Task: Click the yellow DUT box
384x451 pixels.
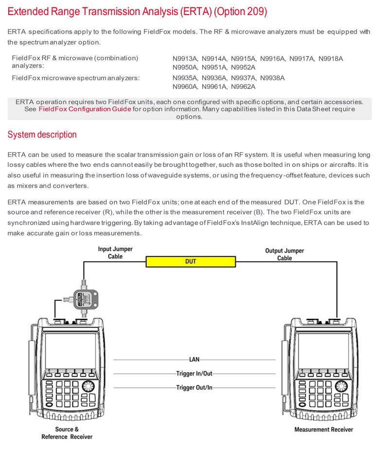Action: (191, 261)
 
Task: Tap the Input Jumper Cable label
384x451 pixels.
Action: (115, 253)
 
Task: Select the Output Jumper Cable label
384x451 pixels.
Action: (284, 254)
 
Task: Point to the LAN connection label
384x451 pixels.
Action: (194, 360)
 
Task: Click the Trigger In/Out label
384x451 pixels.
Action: (194, 374)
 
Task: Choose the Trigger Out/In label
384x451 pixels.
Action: (194, 388)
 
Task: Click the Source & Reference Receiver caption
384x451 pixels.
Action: (67, 433)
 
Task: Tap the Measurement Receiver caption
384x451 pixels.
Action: (324, 430)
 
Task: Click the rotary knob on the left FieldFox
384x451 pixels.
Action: (89, 387)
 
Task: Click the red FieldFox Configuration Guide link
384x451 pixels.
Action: (85, 109)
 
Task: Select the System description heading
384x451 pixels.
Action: (42, 135)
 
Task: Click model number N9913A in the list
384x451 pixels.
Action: (185, 59)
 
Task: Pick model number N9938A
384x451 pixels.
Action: (272, 78)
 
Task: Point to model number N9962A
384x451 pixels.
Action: (243, 87)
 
